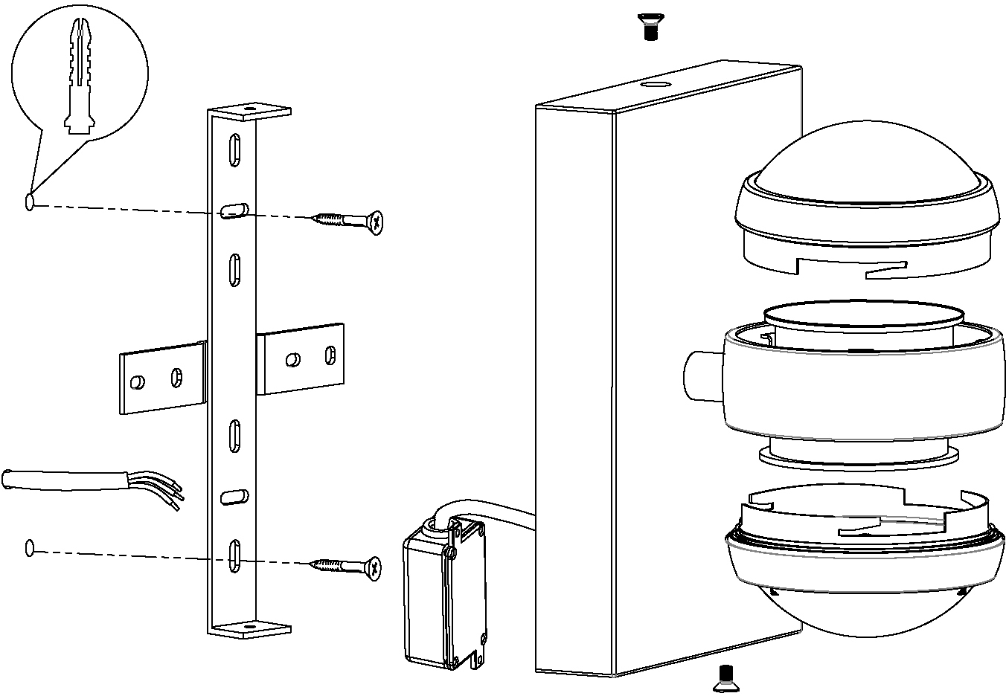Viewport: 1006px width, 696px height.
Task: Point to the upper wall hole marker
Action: point(30,202)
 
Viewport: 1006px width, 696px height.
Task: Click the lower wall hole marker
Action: point(30,549)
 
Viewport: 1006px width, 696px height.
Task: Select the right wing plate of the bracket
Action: point(302,360)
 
